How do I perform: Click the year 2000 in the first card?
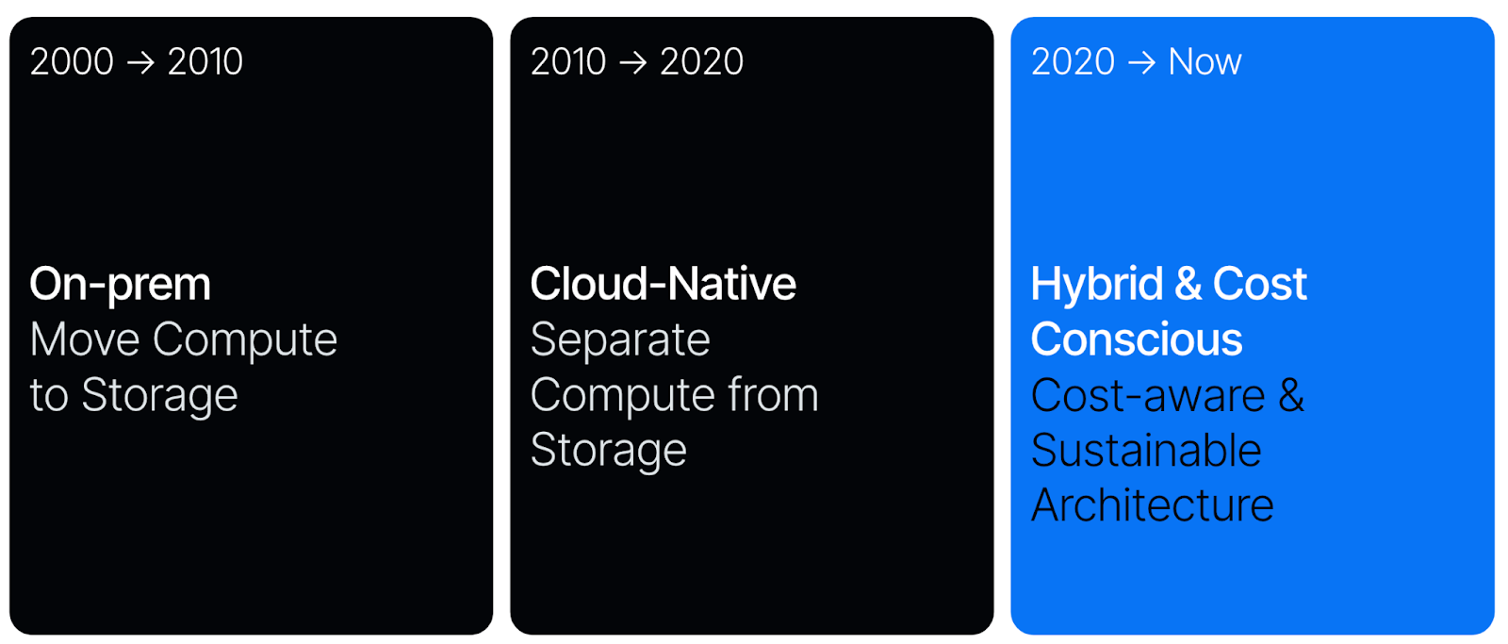click(x=72, y=62)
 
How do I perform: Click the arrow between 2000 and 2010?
click(x=140, y=62)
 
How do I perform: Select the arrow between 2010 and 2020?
click(x=632, y=62)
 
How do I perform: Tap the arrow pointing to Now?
click(x=1141, y=62)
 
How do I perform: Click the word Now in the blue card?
click(x=1205, y=62)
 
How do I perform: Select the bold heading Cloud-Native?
click(x=664, y=284)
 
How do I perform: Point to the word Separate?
click(x=620, y=340)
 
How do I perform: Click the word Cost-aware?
click(x=1148, y=395)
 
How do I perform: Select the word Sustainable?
click(x=1146, y=450)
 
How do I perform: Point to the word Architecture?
click(x=1152, y=505)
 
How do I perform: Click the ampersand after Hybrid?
click(x=1188, y=284)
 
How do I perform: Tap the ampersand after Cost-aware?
click(x=1291, y=395)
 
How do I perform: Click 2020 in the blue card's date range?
click(x=1074, y=62)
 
